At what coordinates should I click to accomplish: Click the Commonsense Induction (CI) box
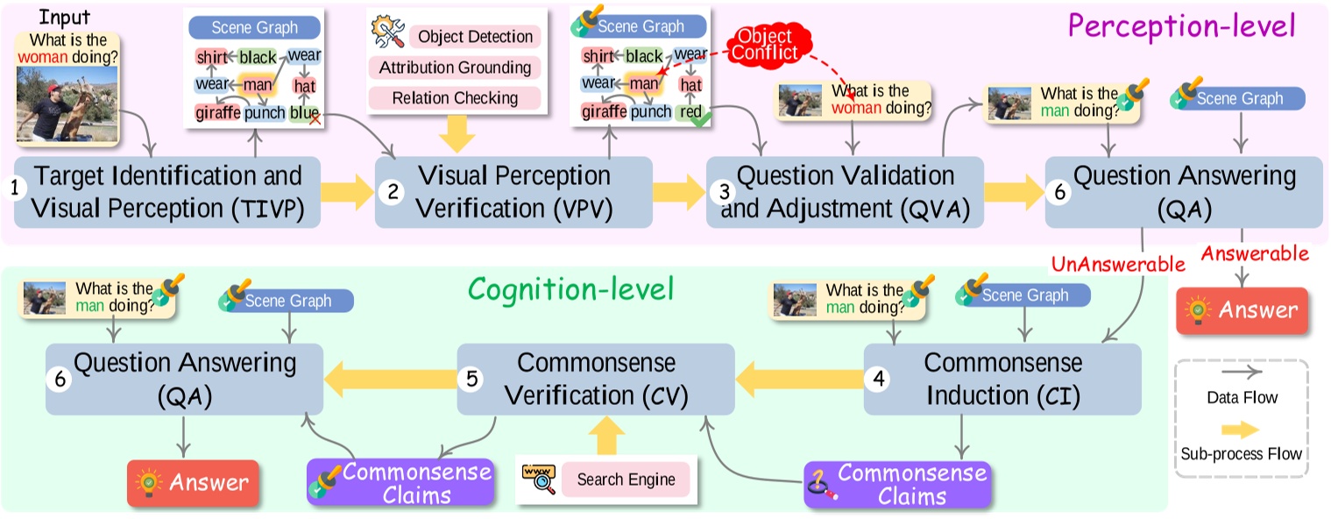click(1002, 379)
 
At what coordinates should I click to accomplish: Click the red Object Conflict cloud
click(765, 44)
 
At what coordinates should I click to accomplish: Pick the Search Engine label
click(626, 480)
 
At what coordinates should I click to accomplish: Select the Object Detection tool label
click(475, 37)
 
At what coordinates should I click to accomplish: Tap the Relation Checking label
click(455, 97)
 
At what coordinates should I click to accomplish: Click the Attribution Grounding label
click(455, 68)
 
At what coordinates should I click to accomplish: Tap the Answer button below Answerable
click(1241, 309)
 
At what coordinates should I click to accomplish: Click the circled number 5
click(471, 380)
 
